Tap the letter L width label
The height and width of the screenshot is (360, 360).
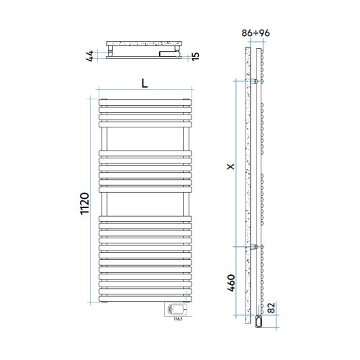pos(145,83)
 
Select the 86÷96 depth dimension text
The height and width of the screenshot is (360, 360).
pos(257,32)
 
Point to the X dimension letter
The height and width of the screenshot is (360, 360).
pos(230,166)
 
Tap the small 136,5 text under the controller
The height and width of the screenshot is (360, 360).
pos(178,321)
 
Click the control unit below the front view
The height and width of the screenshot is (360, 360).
pos(177,310)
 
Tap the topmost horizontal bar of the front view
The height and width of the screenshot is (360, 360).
pos(145,100)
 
